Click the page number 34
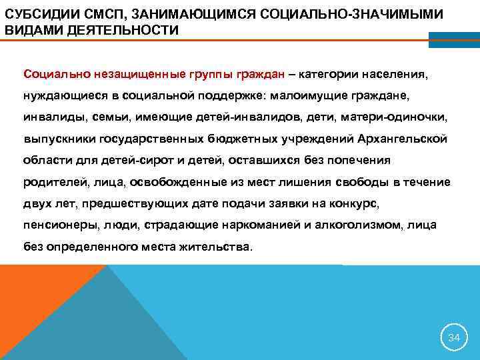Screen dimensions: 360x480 tap(453, 337)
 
